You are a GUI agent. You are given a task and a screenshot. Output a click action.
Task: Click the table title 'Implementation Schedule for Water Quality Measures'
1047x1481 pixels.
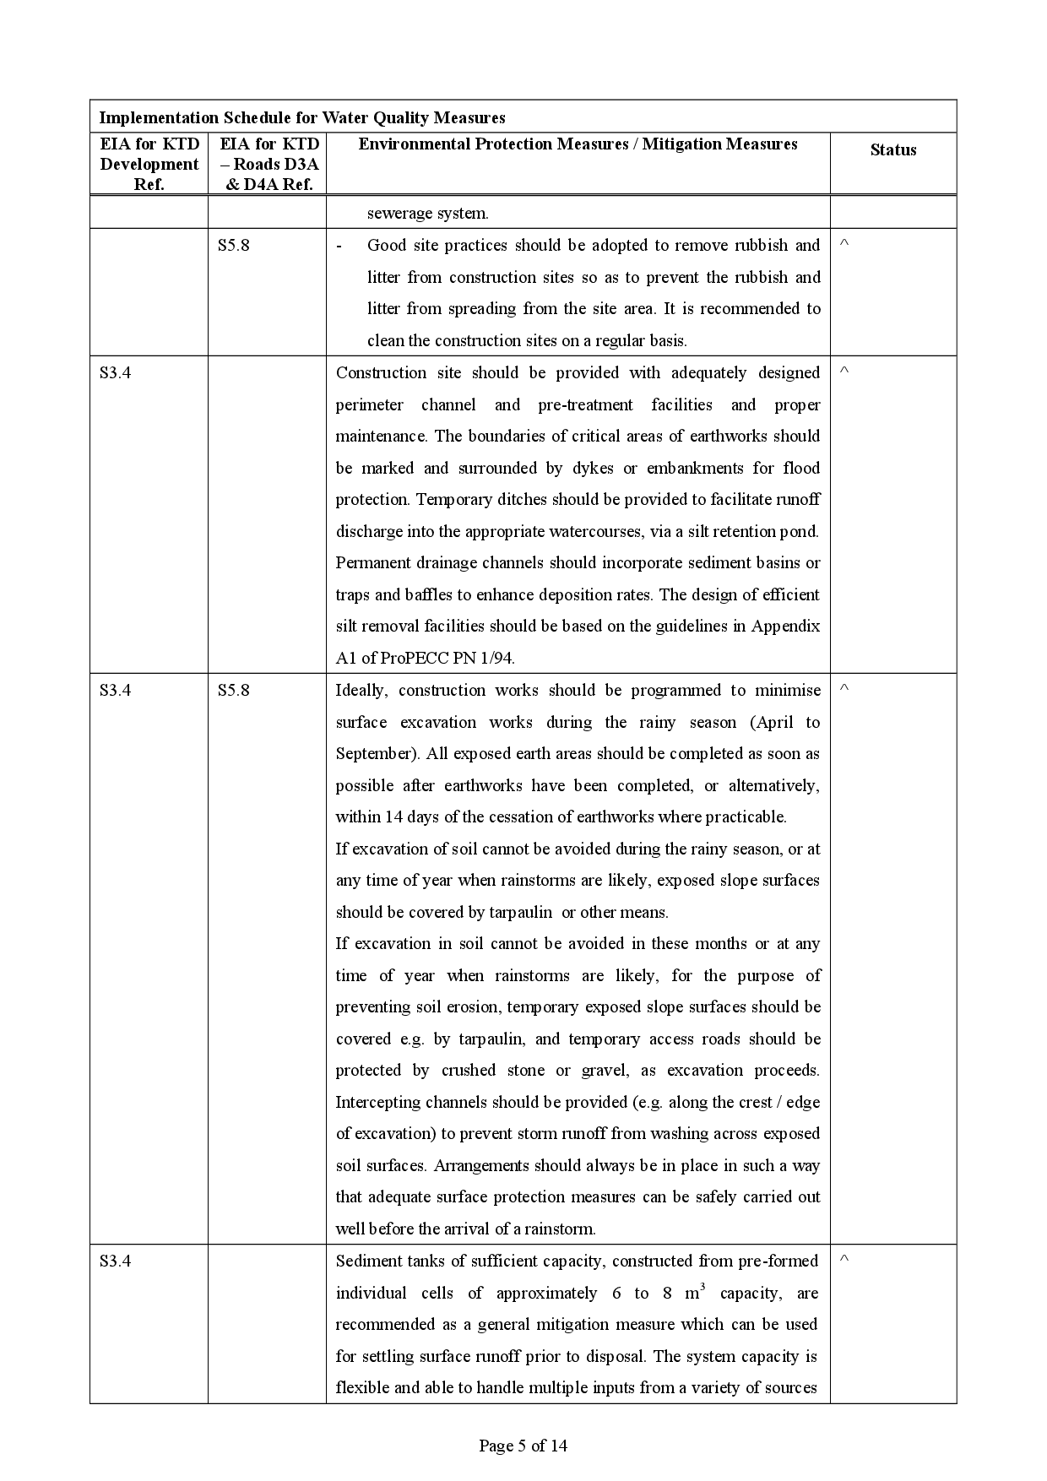point(301,117)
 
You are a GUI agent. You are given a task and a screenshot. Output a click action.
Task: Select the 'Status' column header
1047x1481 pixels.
point(892,150)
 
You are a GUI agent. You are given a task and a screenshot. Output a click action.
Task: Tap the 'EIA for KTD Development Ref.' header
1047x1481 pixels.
point(149,164)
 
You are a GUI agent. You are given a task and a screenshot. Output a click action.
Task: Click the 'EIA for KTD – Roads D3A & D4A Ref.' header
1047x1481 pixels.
point(269,164)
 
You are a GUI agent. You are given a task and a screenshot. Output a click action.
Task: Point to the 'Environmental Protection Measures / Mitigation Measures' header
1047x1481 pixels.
point(578,144)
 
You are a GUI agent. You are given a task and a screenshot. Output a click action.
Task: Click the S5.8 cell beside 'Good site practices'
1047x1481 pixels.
point(233,246)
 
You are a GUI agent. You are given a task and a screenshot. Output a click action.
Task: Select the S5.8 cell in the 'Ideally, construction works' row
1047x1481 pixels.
point(233,691)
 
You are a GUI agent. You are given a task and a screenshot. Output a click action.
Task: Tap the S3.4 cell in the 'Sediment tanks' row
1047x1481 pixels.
point(115,1261)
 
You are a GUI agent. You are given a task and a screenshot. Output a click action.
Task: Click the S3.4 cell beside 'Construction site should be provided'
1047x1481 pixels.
point(115,373)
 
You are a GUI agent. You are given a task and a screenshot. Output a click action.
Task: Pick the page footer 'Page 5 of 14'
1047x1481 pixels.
point(523,1446)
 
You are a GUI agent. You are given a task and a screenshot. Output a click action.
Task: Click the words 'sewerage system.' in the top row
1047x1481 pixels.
point(427,214)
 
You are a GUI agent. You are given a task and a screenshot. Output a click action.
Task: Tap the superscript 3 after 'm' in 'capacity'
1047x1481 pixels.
point(703,1286)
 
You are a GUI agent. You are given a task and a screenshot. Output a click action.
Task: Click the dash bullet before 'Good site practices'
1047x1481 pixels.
point(339,246)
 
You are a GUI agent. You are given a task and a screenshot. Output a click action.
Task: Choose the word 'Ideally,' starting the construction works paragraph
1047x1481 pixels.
point(361,691)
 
